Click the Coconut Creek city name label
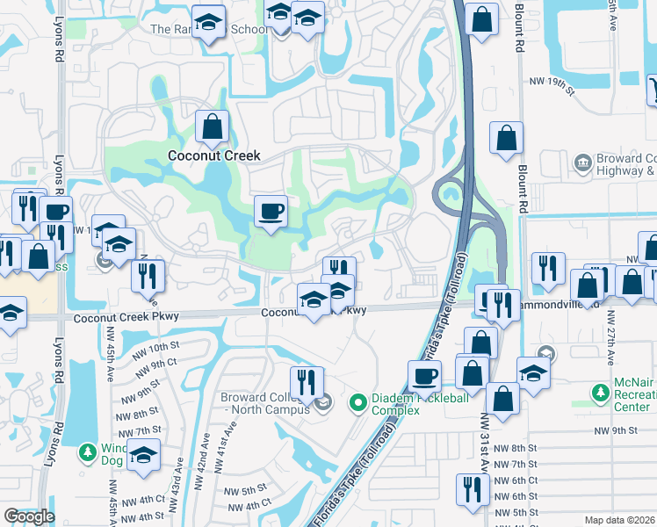(x=214, y=155)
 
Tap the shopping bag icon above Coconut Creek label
(x=213, y=128)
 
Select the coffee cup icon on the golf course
(x=271, y=212)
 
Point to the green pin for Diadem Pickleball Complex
(x=357, y=403)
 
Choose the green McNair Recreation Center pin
(x=601, y=392)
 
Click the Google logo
(x=30, y=516)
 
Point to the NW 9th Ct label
(x=157, y=362)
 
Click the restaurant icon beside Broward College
(x=307, y=383)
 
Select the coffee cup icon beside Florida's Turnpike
(x=425, y=376)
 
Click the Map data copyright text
(x=620, y=520)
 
